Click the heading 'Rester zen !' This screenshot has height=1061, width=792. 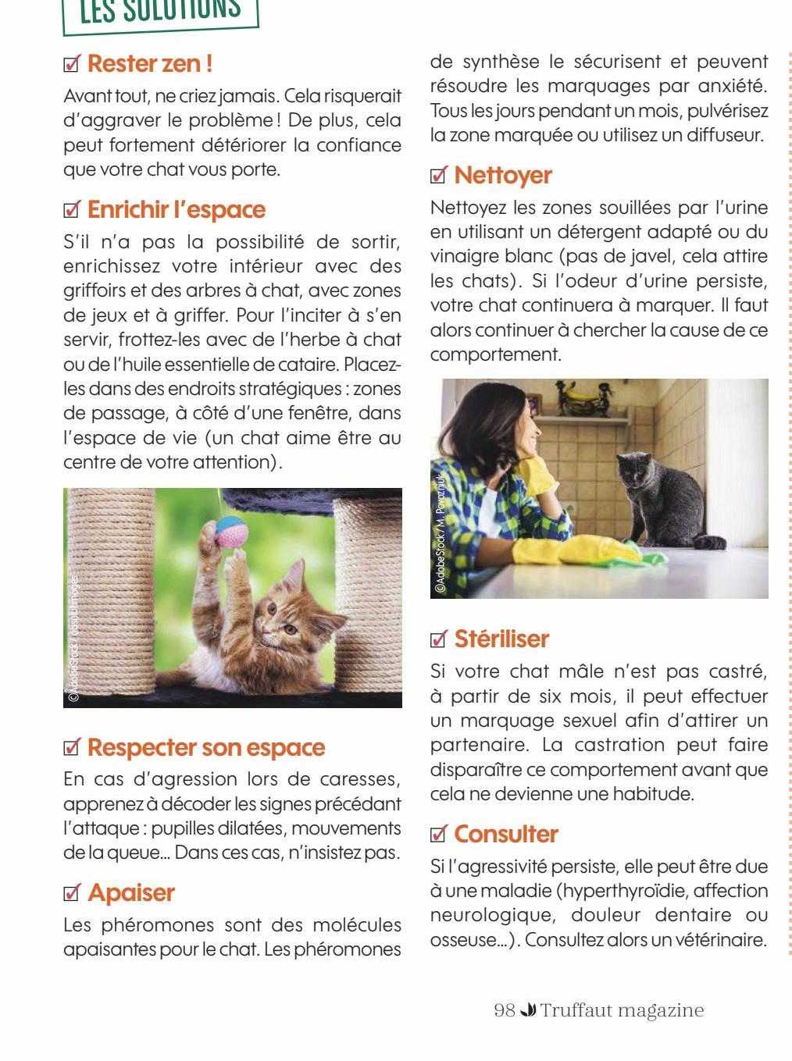150,63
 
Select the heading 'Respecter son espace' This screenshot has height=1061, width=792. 205,747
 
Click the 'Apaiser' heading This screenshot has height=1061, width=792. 130,892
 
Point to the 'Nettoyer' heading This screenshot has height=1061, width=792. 502,175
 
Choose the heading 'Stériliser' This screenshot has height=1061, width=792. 501,639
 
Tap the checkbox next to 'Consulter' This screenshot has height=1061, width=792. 439,835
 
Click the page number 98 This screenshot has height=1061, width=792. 505,1010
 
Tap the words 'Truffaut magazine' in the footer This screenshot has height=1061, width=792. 622,1010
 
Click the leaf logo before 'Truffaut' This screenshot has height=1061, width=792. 527,1010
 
